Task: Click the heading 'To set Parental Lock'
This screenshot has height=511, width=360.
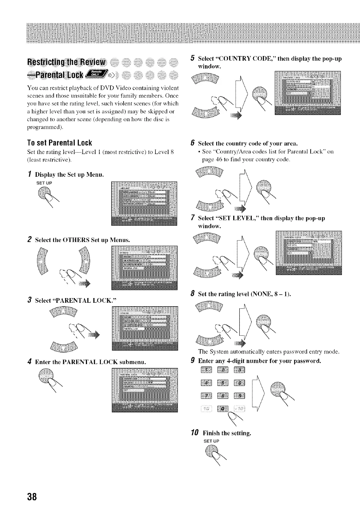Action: click(59, 143)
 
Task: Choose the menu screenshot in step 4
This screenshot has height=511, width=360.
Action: click(144, 390)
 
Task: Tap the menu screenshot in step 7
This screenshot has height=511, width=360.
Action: click(308, 252)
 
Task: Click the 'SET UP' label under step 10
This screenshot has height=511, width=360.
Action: click(212, 441)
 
